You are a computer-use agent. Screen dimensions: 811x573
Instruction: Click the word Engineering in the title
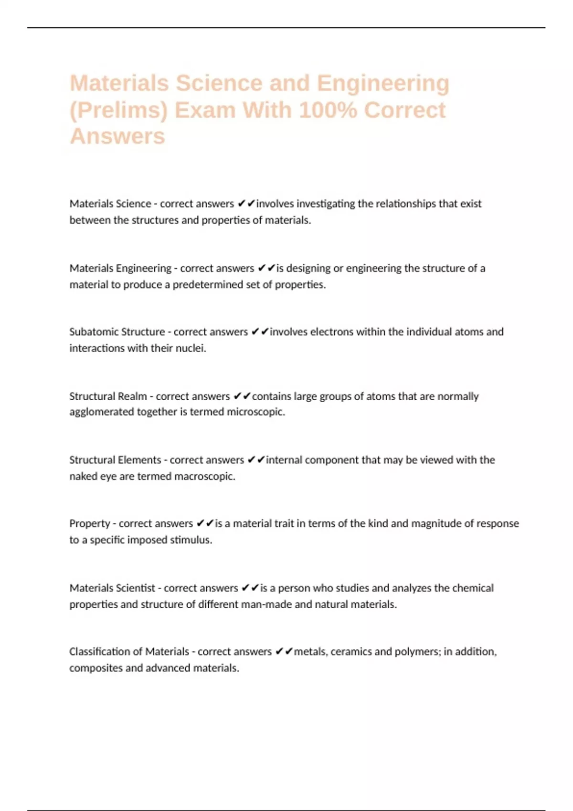[383, 83]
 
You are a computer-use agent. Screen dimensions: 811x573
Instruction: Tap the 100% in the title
[328, 110]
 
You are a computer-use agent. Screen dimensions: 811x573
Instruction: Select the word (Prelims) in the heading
[119, 110]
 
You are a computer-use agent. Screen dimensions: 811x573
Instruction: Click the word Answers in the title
[117, 136]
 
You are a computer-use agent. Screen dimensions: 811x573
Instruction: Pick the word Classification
[106, 652]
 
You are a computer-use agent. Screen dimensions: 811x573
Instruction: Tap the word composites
[96, 668]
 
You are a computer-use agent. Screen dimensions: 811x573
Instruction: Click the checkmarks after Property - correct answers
[204, 523]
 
